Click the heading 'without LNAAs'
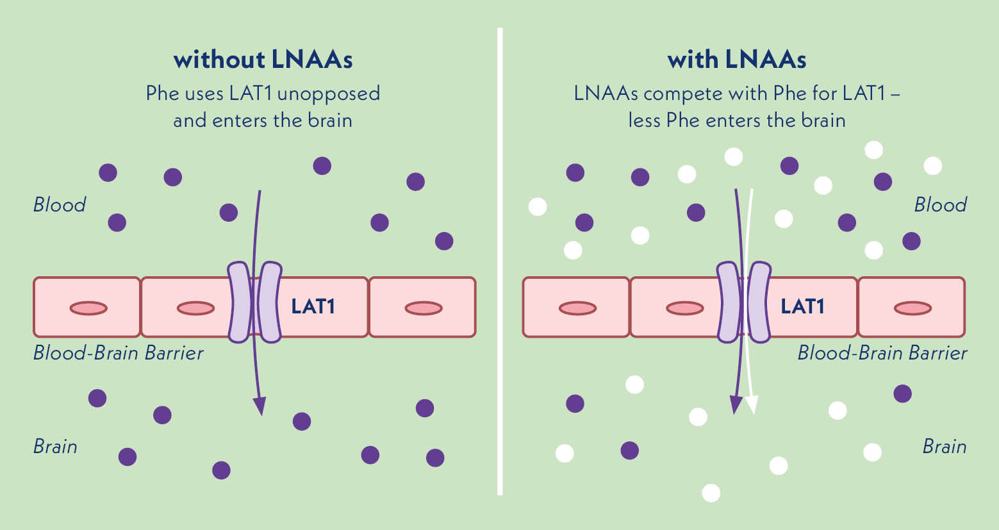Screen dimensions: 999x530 click(263, 60)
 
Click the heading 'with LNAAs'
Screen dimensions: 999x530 click(737, 60)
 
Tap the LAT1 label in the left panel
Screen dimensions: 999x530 click(313, 306)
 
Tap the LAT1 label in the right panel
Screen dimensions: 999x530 click(802, 306)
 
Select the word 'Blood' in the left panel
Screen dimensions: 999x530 click(60, 205)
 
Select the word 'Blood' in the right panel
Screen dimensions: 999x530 click(940, 205)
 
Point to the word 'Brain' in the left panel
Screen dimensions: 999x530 click(55, 447)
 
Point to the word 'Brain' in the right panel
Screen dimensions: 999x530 click(944, 447)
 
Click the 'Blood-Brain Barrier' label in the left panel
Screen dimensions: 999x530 click(118, 353)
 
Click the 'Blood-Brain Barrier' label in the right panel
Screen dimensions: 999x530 click(882, 353)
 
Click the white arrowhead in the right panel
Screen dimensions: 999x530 click(752, 404)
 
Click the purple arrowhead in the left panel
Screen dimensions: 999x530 click(260, 406)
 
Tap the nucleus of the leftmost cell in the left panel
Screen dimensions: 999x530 click(88, 308)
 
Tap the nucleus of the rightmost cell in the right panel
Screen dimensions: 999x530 click(912, 308)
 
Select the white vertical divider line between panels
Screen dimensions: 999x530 click(500, 261)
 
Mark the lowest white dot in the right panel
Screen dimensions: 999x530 click(711, 493)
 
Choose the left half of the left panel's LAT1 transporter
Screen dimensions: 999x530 click(240, 302)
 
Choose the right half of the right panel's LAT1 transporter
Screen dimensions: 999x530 click(759, 302)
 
